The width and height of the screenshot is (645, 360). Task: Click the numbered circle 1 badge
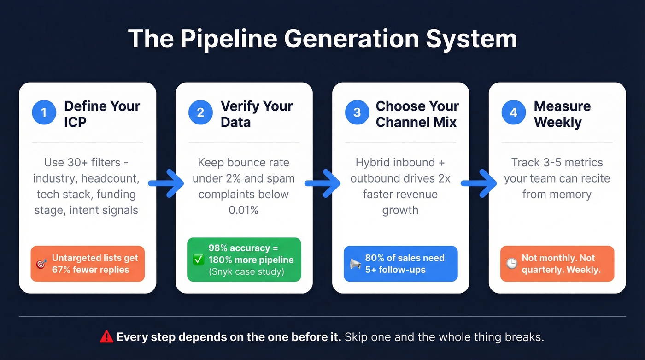click(x=44, y=113)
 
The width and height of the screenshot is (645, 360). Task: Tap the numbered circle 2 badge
click(x=200, y=113)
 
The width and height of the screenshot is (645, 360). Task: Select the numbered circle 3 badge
click(x=357, y=113)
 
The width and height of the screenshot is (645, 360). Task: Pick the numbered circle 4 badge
click(x=514, y=113)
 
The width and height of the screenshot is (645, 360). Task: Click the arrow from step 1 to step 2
click(x=166, y=183)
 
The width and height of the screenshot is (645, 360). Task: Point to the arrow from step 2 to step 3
click(x=322, y=183)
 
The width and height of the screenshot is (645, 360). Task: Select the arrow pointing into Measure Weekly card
click(x=479, y=183)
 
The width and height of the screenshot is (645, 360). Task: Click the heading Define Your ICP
click(x=102, y=114)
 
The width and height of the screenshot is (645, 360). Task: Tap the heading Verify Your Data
click(x=257, y=114)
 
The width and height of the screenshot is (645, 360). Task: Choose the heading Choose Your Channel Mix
click(x=417, y=114)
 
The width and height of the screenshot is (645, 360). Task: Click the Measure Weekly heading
click(x=562, y=114)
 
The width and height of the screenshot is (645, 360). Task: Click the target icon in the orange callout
click(x=41, y=264)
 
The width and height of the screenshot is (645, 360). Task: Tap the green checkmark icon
click(x=198, y=260)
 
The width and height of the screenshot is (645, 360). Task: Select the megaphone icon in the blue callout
click(x=355, y=264)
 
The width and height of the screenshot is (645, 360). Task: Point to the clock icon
click(x=511, y=264)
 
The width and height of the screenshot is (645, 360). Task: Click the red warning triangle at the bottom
click(x=106, y=337)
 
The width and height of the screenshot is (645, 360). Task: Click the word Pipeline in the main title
click(x=230, y=39)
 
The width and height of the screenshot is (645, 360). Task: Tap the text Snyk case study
click(x=246, y=271)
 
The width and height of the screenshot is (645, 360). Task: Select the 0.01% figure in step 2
click(x=243, y=210)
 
